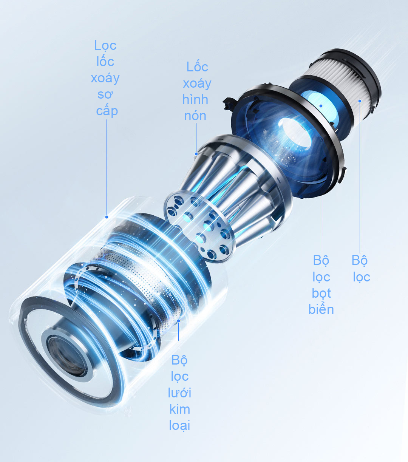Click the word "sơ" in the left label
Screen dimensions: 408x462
tap(105, 95)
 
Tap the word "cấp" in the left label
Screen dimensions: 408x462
tap(107, 111)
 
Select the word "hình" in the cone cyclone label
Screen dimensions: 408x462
tap(195, 99)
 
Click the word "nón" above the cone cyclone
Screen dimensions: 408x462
tap(195, 116)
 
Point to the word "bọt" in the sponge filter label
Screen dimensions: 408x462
tap(321, 293)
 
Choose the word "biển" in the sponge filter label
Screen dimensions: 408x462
tap(321, 309)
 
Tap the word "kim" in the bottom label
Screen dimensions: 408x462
tap(180, 409)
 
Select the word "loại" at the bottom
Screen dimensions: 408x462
tap(179, 425)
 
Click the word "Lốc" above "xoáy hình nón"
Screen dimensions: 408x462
tap(197, 67)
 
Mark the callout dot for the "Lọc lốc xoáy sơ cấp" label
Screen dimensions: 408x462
tap(107, 217)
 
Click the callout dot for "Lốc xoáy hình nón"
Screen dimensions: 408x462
tap(196, 154)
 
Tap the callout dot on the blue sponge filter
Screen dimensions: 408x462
tap(321, 106)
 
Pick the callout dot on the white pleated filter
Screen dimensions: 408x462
tap(360, 101)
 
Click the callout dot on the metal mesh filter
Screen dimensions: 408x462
tap(179, 321)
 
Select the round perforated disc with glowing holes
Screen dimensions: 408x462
tap(199, 226)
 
